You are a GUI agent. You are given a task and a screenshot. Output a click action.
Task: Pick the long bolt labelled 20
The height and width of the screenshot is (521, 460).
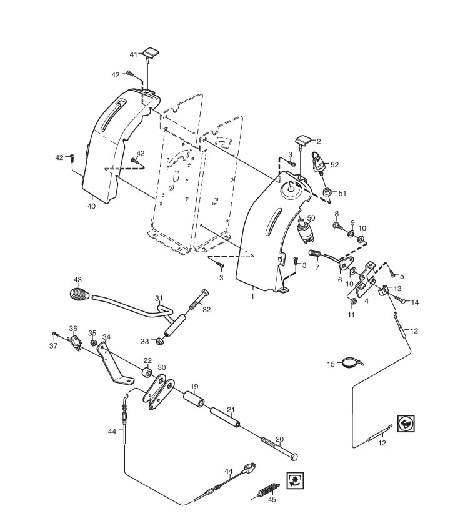pyautogui.click(x=276, y=447)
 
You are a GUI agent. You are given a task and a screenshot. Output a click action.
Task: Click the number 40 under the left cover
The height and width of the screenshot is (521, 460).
pyautogui.click(x=91, y=206)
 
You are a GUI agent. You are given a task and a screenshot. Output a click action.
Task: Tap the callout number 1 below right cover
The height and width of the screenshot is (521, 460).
pyautogui.click(x=252, y=296)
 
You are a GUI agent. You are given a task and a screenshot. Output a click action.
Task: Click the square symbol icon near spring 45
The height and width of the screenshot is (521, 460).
pyautogui.click(x=294, y=480)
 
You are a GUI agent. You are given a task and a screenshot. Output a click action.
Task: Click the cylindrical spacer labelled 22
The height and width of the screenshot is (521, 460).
pyautogui.click(x=149, y=374)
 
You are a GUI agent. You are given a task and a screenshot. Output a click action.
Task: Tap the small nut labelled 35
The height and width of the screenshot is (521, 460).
pyautogui.click(x=94, y=344)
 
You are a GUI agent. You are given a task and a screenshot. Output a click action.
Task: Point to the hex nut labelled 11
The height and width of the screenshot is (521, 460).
pyautogui.click(x=351, y=302)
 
